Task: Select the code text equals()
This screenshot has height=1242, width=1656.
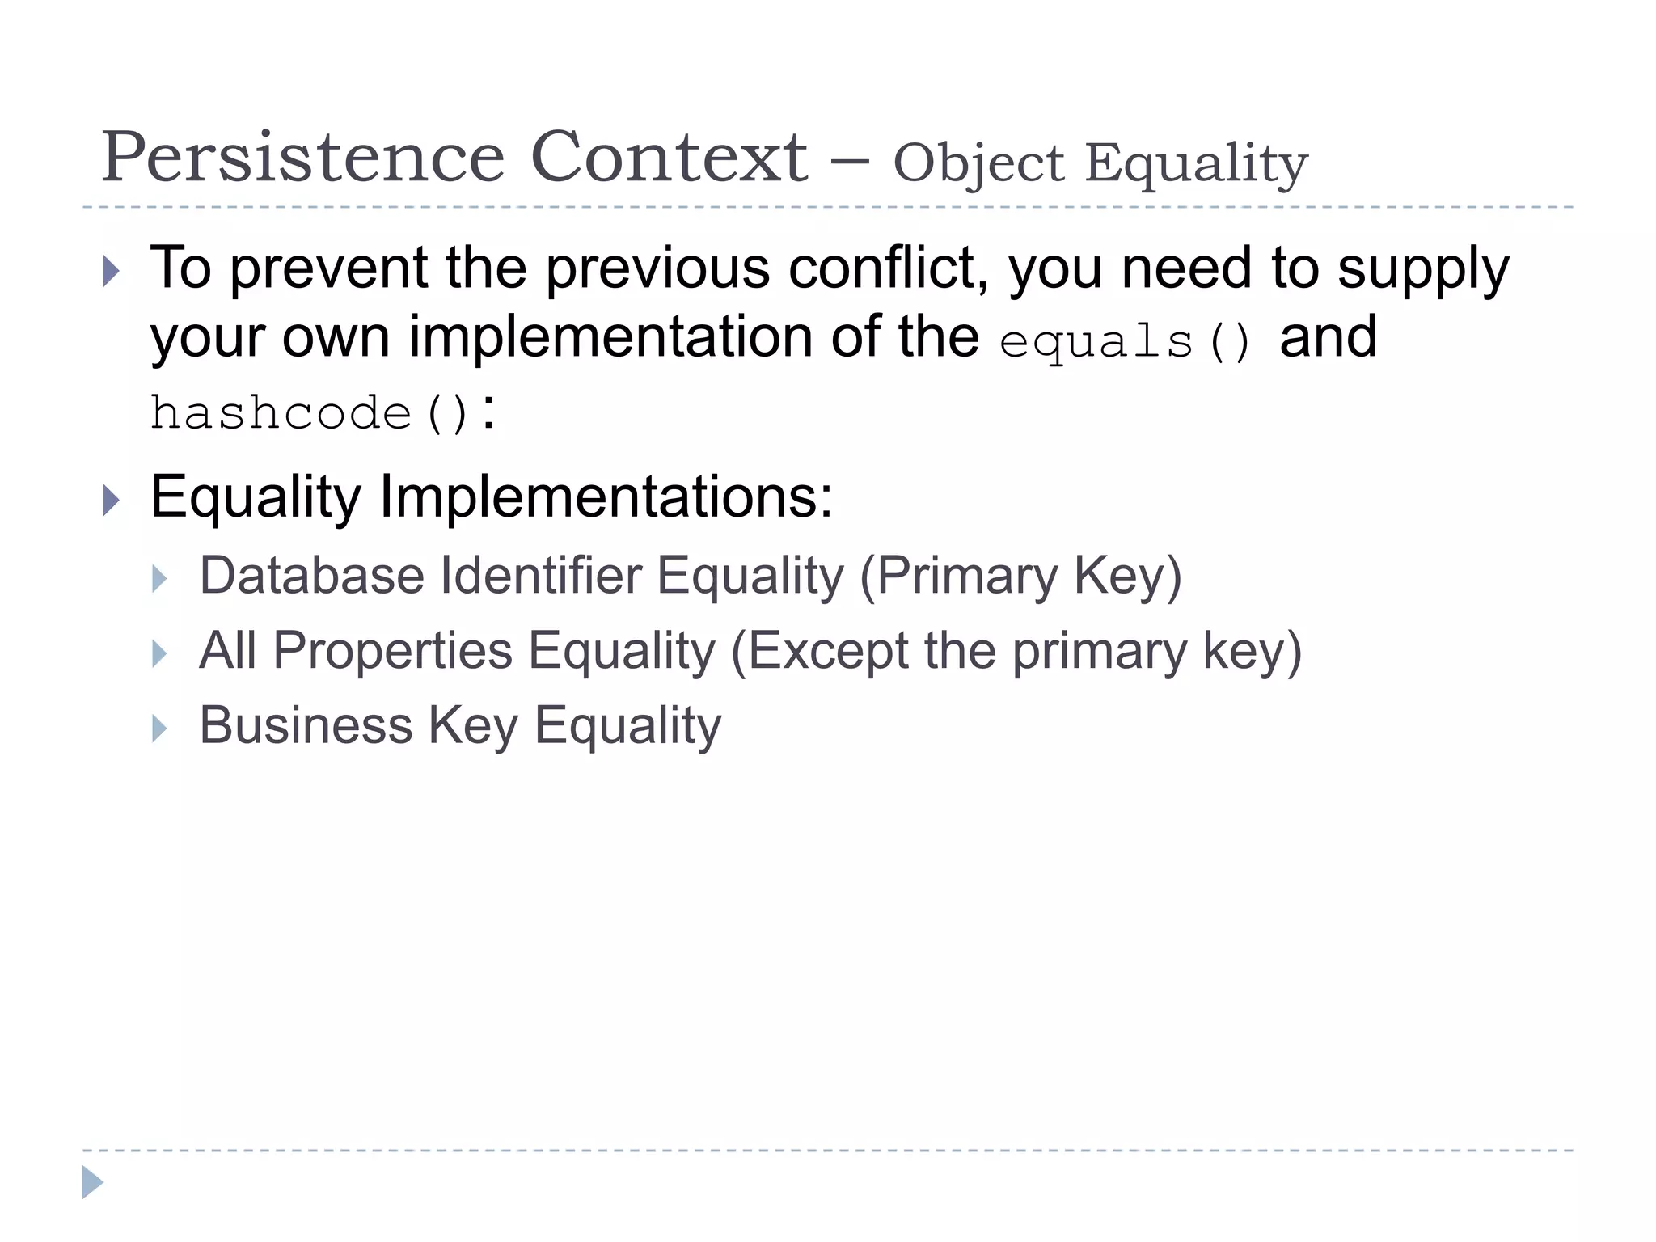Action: [x=1126, y=341]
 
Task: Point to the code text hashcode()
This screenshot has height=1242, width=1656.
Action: [x=310, y=413]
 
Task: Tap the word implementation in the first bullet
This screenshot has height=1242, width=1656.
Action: [x=610, y=337]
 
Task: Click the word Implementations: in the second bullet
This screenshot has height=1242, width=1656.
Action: [x=606, y=497]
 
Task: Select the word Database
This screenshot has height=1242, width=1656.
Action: [x=312, y=576]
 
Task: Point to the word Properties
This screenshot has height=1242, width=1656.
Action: [x=393, y=651]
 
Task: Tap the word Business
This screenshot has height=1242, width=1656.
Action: [x=306, y=725]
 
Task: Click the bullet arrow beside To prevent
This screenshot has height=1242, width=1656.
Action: [x=112, y=271]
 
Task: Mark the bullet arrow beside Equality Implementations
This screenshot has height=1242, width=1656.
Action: [x=112, y=501]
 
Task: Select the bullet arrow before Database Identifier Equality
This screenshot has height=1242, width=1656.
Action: [x=159, y=579]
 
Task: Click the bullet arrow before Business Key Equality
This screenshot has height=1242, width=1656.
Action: [x=159, y=729]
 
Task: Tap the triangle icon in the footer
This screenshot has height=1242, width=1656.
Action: [x=92, y=1182]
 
